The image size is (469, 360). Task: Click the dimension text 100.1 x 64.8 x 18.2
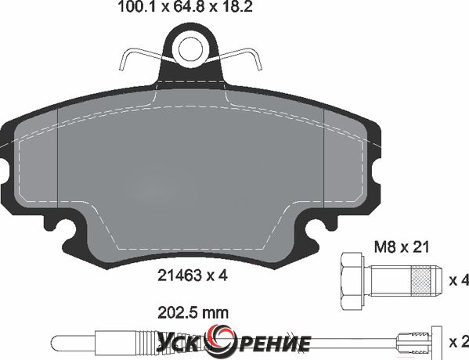coord(186,6)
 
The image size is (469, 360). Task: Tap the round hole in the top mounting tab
coord(190,49)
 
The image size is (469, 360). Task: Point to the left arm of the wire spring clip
coord(141,59)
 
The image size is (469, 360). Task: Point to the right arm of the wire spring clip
coord(241,59)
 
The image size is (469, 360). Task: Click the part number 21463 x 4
coord(193,275)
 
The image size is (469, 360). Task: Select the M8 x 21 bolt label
coord(402,247)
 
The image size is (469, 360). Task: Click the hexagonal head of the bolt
coord(352,283)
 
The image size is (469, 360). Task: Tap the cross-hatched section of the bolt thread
coord(421,282)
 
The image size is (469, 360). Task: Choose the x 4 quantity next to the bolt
coord(459,280)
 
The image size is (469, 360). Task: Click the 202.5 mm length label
coord(193,313)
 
